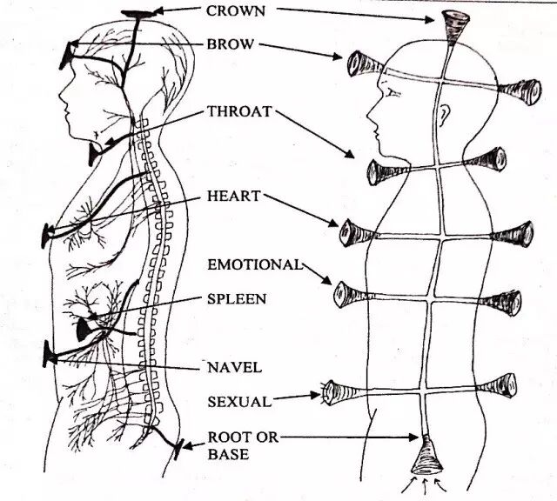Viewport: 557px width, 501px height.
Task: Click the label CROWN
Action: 236,11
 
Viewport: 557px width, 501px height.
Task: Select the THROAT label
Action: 239,111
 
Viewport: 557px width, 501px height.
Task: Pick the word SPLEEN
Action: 236,298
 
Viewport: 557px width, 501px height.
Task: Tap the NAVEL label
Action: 234,367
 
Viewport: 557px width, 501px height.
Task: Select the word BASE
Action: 226,454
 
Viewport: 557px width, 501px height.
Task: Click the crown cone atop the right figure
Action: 453,26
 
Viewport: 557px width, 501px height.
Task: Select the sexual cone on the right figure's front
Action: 334,393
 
